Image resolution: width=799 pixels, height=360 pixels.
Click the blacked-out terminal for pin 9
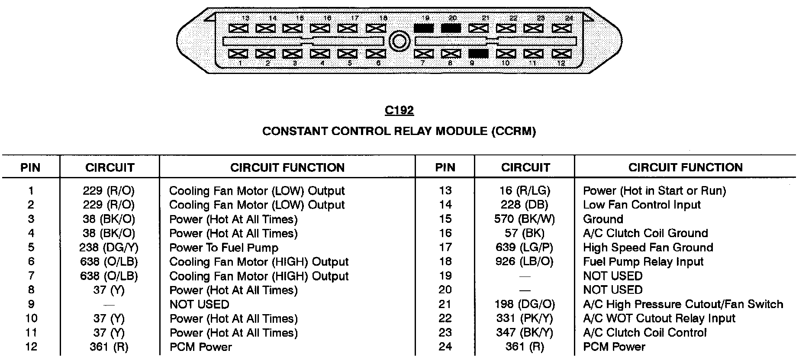[x=478, y=54]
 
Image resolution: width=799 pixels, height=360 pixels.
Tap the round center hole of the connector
[x=399, y=42]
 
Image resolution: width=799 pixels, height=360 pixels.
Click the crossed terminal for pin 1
[x=238, y=54]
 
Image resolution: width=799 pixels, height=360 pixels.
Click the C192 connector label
[x=399, y=111]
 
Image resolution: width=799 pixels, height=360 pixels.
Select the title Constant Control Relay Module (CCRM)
[x=399, y=131]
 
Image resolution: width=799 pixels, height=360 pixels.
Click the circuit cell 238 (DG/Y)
[x=109, y=247]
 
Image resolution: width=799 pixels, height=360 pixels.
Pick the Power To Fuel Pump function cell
[x=224, y=247]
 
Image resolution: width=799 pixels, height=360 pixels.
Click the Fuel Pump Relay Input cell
[x=643, y=261]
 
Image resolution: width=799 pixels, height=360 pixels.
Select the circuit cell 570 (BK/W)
[x=525, y=219]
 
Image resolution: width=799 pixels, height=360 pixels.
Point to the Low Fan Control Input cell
[x=642, y=205]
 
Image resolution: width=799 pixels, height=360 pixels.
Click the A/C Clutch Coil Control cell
[x=645, y=333]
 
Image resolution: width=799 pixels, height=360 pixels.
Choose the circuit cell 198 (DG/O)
[x=525, y=304]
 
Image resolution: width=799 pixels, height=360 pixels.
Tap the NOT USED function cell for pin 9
[x=199, y=304]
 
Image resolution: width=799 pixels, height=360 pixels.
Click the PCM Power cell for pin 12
[x=200, y=347]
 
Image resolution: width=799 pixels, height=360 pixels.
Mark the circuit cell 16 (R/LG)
[x=525, y=190]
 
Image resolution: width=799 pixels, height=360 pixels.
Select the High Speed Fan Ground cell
[x=648, y=247]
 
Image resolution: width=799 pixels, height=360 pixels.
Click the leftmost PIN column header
[x=30, y=167]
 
